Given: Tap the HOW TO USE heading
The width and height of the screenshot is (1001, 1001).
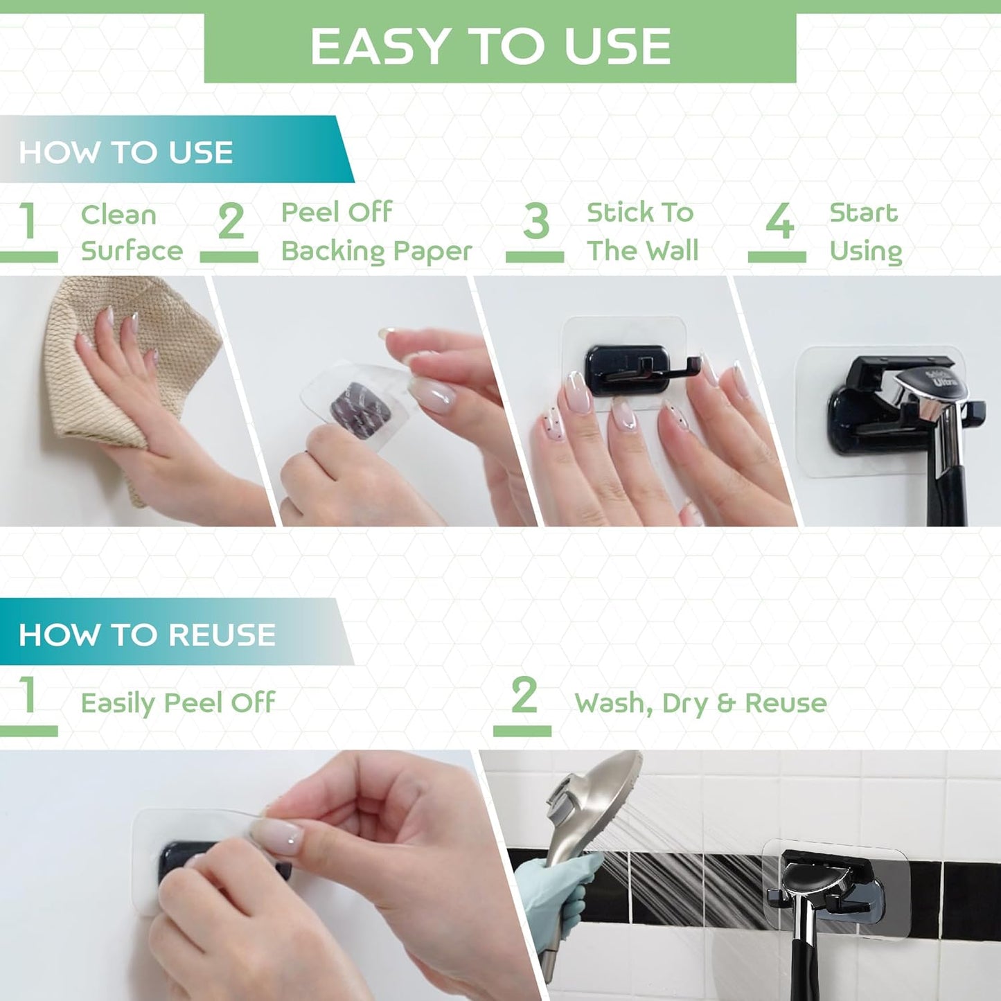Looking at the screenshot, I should click(x=125, y=152).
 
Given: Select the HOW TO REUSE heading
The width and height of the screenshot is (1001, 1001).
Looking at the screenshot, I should click(x=147, y=635).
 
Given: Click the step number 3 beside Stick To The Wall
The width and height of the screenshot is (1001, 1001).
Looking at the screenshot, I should click(x=535, y=222).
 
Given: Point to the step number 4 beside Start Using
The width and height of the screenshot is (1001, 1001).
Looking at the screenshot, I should click(x=779, y=222).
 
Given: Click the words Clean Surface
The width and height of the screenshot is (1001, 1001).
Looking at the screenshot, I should click(x=131, y=233).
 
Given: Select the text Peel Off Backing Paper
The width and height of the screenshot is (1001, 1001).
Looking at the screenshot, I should click(x=375, y=231).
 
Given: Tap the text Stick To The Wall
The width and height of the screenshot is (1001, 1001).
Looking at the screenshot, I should click(x=641, y=231).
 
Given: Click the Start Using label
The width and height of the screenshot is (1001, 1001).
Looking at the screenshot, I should click(x=865, y=231).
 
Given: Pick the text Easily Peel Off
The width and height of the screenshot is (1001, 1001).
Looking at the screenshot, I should click(x=178, y=702).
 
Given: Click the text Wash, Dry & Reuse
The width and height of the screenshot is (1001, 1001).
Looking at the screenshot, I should click(x=700, y=703).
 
